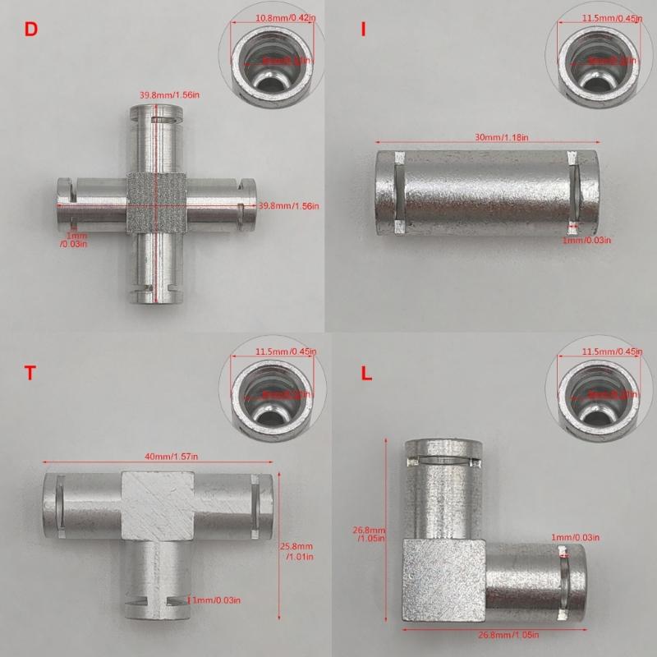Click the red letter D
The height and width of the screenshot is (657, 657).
[x=31, y=30]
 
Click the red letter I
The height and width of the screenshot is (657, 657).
[x=361, y=30]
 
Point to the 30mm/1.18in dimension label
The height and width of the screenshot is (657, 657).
[x=490, y=137]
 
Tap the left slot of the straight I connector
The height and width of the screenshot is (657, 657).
[x=395, y=190]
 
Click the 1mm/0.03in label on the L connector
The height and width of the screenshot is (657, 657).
[x=575, y=537]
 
